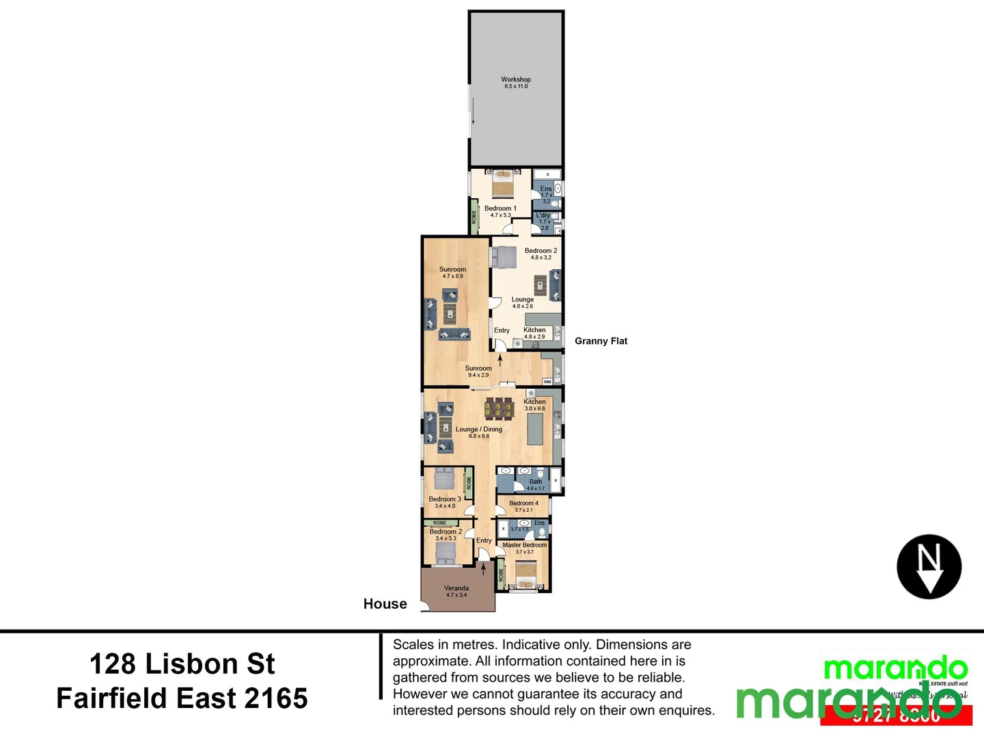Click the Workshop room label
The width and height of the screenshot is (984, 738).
point(516,82)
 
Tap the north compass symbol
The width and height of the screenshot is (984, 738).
point(929,566)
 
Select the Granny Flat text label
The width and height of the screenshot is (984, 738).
point(601,341)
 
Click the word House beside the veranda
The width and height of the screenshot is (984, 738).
point(385,604)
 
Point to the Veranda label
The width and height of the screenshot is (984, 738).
point(456,591)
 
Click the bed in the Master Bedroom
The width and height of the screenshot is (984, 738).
point(525,574)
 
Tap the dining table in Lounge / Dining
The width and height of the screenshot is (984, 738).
point(499,409)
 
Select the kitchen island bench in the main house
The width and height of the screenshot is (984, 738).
point(536,430)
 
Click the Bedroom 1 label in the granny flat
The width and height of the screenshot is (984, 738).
point(500,211)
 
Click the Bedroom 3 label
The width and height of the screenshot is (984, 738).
point(444,502)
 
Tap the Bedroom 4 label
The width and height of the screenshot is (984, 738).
point(523,506)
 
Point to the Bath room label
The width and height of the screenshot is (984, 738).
point(536,484)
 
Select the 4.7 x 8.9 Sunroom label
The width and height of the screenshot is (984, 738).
point(452,272)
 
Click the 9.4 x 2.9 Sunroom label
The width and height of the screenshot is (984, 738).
point(478,371)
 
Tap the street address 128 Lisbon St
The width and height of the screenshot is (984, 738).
point(182,664)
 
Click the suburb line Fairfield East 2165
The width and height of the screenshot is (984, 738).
point(182,698)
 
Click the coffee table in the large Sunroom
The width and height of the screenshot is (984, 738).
point(450,314)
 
